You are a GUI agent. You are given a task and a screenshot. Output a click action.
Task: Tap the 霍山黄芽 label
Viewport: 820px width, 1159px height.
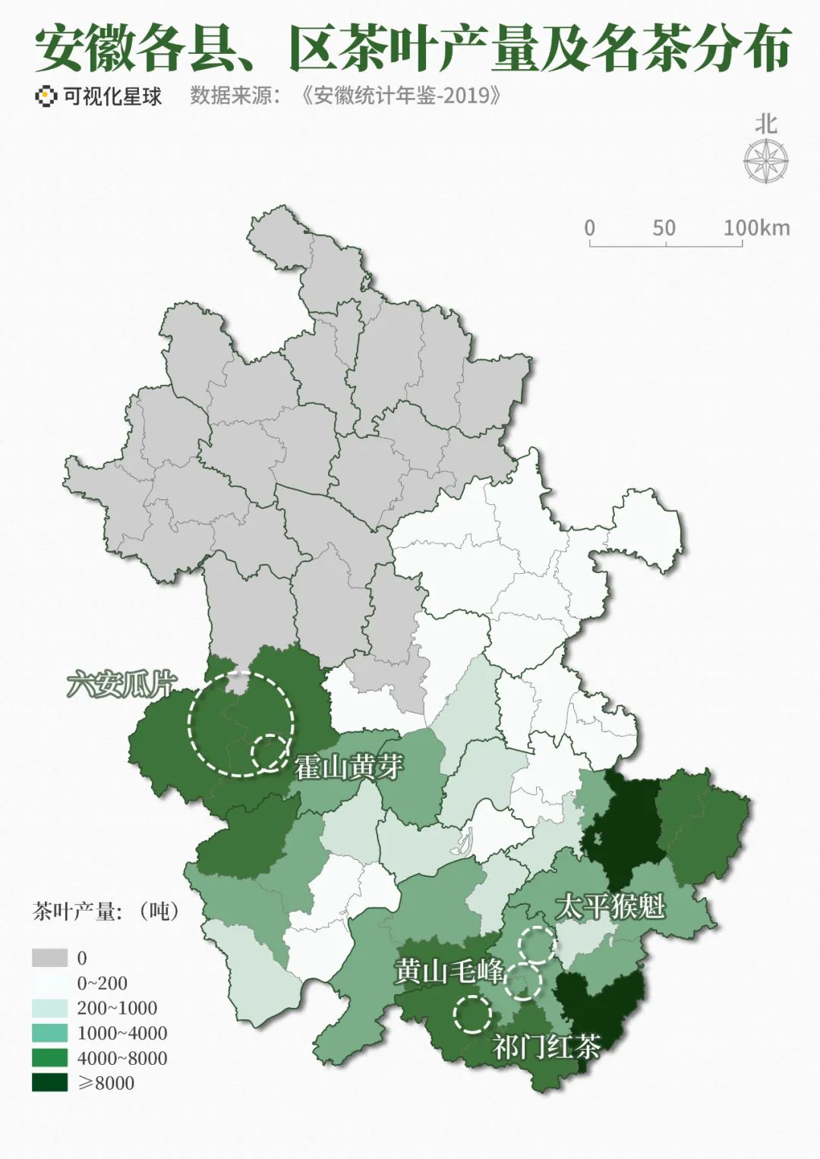(348, 767)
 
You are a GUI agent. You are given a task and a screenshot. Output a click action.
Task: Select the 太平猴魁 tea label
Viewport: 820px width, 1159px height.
(610, 906)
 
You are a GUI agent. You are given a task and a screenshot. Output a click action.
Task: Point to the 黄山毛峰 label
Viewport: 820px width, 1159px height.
(448, 971)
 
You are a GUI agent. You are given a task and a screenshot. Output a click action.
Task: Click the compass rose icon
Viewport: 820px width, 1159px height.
(765, 162)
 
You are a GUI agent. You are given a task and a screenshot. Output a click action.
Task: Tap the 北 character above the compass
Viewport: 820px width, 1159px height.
(766, 124)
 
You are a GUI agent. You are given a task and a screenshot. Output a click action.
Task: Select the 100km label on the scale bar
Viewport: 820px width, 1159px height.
(756, 228)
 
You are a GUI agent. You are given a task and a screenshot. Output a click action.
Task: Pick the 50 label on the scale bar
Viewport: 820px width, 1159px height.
(664, 228)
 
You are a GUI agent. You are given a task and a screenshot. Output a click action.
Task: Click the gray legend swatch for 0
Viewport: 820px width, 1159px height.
(49, 958)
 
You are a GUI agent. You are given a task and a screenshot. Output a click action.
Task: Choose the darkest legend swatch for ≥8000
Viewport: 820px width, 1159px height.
(49, 1083)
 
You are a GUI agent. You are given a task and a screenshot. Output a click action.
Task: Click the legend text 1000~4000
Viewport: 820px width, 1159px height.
(122, 1033)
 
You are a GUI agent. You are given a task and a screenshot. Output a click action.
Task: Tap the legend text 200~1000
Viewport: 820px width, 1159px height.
(117, 1008)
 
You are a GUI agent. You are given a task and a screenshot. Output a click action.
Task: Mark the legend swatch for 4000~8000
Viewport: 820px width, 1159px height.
(49, 1058)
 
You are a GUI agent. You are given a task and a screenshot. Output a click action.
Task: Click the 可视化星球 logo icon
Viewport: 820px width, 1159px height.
(46, 96)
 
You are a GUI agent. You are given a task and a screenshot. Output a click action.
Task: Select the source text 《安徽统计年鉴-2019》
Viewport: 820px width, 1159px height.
(401, 96)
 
